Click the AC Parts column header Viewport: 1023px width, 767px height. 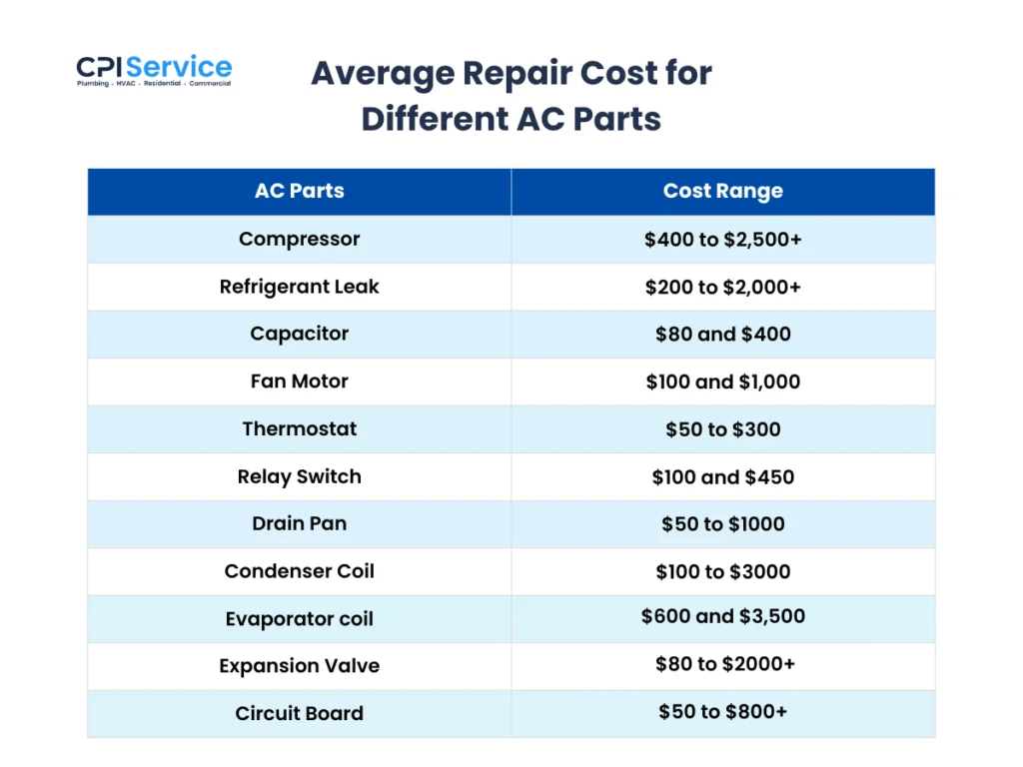coord(299,192)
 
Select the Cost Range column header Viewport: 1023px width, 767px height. coord(722,192)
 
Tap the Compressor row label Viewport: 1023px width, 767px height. coord(299,240)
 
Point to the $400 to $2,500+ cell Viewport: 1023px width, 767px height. coord(722,240)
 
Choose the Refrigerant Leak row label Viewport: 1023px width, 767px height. coord(299,287)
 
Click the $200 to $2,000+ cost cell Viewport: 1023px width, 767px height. coord(722,287)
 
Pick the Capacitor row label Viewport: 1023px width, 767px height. coord(299,334)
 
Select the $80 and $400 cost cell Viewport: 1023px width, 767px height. coord(722,334)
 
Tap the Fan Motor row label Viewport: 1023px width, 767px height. coord(299,382)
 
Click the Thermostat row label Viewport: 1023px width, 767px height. coord(299,429)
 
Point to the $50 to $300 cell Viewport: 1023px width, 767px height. coord(722,429)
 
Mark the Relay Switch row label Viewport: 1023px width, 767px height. coord(299,476)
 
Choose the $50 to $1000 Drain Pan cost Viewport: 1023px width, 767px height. coord(722,524)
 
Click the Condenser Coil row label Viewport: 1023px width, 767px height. coord(299,571)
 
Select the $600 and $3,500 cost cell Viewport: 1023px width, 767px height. coord(722,616)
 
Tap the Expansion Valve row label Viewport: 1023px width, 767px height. coord(299,666)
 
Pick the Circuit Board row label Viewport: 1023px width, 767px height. coord(299,713)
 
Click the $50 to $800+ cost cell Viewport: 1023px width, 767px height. coord(722,711)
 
